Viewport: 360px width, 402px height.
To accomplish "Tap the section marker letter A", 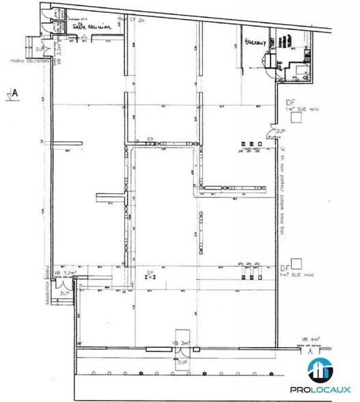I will pyautogui.click(x=14, y=92).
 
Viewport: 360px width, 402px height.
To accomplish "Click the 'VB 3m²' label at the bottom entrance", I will pyautogui.click(x=181, y=342).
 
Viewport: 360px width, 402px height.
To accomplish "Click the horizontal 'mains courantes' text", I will pyautogui.click(x=28, y=59).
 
